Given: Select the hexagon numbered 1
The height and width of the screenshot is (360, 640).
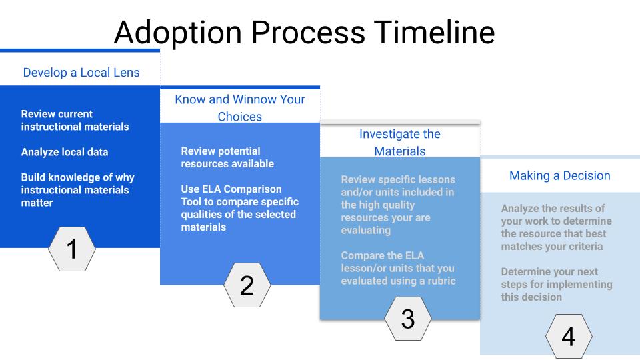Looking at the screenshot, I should (x=72, y=249).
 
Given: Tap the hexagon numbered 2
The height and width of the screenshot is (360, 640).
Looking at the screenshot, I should (x=247, y=285).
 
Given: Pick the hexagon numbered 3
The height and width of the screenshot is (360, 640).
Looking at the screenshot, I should (x=407, y=319).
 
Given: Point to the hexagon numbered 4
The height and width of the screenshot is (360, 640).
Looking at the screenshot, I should (x=568, y=337).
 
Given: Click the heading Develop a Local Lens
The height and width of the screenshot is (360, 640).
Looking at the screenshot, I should (x=81, y=72).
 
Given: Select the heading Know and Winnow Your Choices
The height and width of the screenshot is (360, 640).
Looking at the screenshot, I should (x=240, y=107).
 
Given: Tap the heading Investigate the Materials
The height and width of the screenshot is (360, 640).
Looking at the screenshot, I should (x=400, y=142).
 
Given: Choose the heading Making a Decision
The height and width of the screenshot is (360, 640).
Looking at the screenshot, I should (x=560, y=175).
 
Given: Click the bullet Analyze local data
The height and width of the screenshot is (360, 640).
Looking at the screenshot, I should (x=65, y=152).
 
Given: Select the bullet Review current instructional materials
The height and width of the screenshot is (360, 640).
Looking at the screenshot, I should (x=75, y=120).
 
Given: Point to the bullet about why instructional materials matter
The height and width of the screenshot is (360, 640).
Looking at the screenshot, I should (x=77, y=190).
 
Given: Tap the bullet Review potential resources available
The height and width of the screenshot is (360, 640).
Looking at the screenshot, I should (x=227, y=157).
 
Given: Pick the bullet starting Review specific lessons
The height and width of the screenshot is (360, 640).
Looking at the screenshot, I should (x=398, y=205).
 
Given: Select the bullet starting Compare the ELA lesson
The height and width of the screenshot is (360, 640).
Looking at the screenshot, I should (x=398, y=268).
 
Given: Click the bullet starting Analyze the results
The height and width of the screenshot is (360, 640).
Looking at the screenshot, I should (x=556, y=227).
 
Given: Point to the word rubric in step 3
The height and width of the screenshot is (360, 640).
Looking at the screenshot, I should (x=439, y=281).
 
